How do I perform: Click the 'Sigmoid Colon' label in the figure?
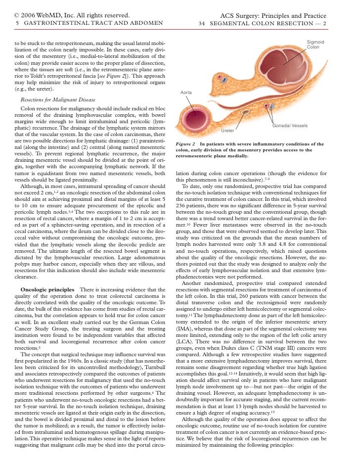tap(315, 45)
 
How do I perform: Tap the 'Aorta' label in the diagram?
tap(186, 93)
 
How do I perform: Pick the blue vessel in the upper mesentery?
tap(225, 79)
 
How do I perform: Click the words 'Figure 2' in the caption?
tap(186, 143)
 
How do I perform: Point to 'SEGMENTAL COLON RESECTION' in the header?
tap(264, 23)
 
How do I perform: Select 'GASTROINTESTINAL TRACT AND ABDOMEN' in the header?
tap(91, 23)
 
